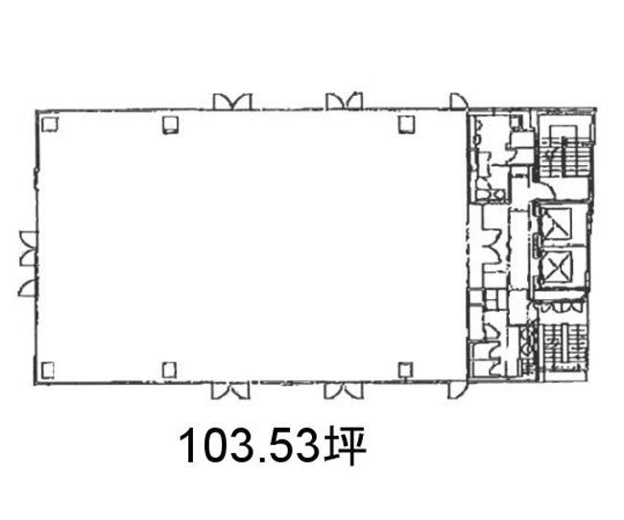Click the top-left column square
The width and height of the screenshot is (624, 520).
point(50,124)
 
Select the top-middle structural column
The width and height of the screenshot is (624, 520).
point(170,125)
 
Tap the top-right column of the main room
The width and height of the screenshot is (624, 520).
point(406,124)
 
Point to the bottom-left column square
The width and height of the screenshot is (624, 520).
point(48,370)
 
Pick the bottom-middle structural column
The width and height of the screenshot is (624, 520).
point(169,370)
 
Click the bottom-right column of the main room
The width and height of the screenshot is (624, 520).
point(405,370)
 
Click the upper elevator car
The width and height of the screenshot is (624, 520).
point(557,224)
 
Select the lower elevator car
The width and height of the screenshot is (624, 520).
point(557,267)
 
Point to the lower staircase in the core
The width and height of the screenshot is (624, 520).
point(564,345)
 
